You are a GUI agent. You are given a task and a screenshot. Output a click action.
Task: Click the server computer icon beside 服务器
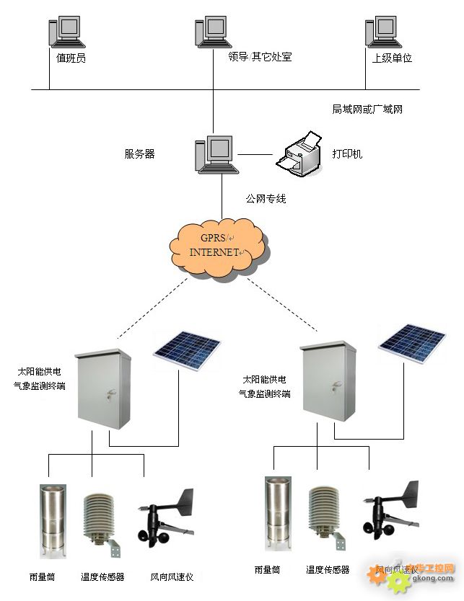click(215, 153)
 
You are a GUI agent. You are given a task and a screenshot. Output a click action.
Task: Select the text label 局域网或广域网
click(367, 110)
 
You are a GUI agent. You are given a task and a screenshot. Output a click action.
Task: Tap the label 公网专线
click(266, 198)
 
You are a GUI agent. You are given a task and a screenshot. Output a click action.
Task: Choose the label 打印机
click(347, 154)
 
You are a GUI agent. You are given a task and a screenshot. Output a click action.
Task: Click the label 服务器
click(139, 153)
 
